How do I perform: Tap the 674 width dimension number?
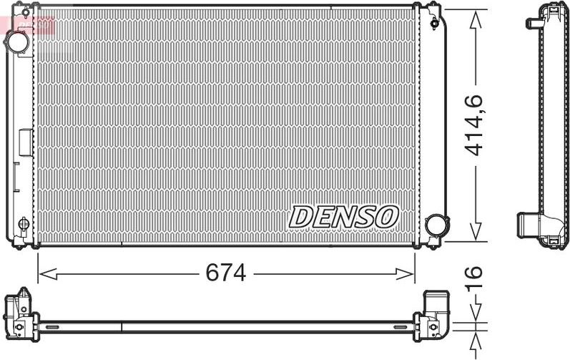[x=225, y=273]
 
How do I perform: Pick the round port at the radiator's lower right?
[x=434, y=225]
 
